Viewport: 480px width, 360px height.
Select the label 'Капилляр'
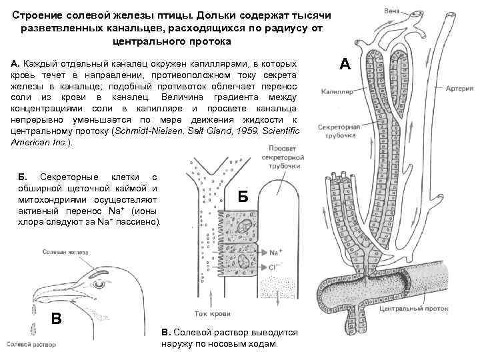(x=336, y=90)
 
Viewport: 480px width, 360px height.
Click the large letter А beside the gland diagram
(x=345, y=64)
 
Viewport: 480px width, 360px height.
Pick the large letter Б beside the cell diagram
(x=243, y=195)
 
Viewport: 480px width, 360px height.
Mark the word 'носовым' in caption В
(x=229, y=344)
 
